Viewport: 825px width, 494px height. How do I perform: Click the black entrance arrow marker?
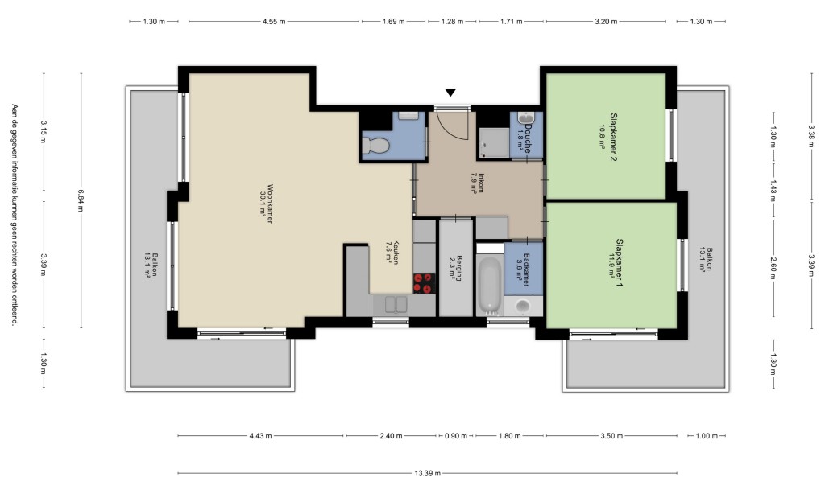click(450, 93)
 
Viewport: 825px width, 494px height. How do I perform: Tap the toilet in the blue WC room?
click(375, 145)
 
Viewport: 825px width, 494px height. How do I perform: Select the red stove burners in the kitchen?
click(424, 282)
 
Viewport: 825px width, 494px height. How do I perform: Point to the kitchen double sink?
click(396, 304)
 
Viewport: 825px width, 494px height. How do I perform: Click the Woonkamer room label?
click(267, 204)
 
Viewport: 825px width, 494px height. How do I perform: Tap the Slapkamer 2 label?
click(609, 137)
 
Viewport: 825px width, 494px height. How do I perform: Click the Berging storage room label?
click(456, 268)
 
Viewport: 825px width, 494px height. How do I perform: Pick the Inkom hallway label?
click(477, 183)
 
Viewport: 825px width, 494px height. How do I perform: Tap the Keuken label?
click(392, 253)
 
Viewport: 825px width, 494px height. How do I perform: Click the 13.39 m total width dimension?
click(427, 473)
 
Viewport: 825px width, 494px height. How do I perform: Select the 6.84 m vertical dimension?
click(81, 200)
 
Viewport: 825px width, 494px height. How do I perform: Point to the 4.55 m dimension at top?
click(274, 22)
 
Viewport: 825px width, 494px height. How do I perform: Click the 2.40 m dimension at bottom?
click(391, 435)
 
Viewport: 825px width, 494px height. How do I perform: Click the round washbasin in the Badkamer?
click(523, 306)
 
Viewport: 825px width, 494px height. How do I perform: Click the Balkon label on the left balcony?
click(151, 266)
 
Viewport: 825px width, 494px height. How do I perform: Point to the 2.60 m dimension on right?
click(773, 267)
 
